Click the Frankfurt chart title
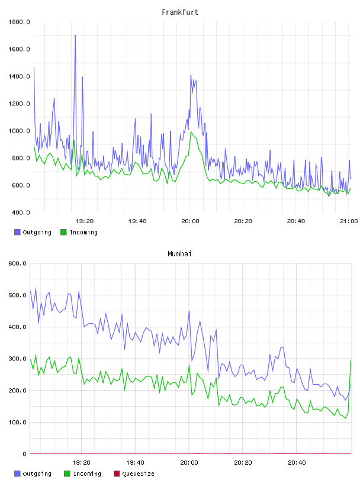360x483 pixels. tap(180, 12)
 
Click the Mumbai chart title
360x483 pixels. tap(179, 254)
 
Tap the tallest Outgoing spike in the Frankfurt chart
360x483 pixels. tap(75, 36)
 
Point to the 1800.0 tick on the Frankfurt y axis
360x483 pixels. tap(19, 22)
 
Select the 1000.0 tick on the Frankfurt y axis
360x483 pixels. tap(19, 131)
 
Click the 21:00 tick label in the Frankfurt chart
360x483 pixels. tap(349, 221)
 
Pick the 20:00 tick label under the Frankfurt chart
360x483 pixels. tap(190, 221)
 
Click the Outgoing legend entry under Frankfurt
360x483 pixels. tap(33, 232)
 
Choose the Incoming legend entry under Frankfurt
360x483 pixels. tap(79, 232)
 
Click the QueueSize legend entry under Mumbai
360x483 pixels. tap(134, 474)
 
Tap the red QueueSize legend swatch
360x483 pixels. tap(117, 474)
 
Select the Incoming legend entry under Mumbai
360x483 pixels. tap(83, 474)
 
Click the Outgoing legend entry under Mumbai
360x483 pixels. tap(33, 474)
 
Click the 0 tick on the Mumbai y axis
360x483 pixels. tap(24, 454)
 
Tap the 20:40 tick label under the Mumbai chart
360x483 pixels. tap(297, 463)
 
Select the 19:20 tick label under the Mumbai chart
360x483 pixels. tap(81, 463)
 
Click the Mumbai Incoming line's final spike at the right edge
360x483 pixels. tap(351, 361)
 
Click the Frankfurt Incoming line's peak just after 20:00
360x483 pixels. tap(191, 132)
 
